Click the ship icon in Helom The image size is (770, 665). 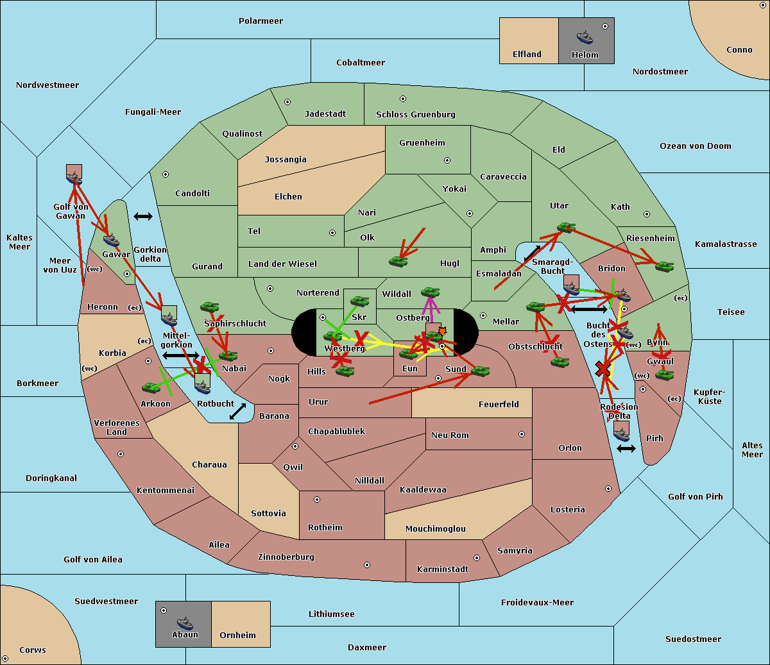tap(585, 37)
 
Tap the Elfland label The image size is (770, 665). tap(527, 55)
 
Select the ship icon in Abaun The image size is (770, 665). tap(185, 623)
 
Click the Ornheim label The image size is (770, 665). tap(237, 636)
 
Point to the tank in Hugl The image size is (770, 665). tap(398, 261)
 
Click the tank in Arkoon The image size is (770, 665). tap(151, 387)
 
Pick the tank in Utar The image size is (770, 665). tap(566, 227)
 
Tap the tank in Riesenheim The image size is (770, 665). tap(664, 265)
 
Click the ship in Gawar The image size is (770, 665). tap(111, 240)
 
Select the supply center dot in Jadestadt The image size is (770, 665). tap(287, 102)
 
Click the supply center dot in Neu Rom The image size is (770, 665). tap(522, 434)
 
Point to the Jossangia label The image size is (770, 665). tap(286, 160)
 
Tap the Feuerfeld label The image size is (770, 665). tap(499, 405)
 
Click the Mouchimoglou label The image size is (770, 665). tap(436, 529)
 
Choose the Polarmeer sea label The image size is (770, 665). tap(261, 21)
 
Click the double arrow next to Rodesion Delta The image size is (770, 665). tap(626, 448)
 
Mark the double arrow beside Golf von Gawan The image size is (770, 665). tap(142, 217)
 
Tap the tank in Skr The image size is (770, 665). tap(359, 300)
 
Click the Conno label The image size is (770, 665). tap(739, 50)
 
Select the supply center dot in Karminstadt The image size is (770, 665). tap(477, 558)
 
